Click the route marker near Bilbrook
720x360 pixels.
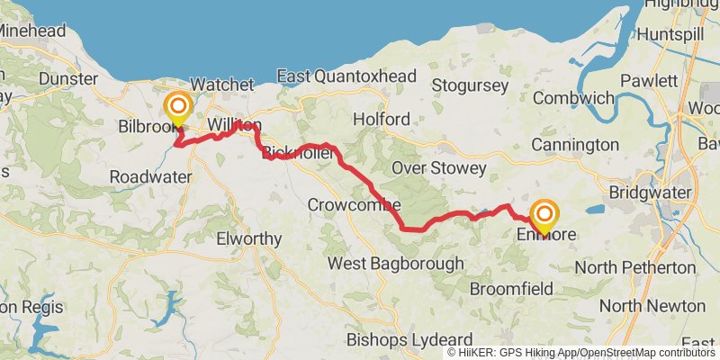coord(177,108)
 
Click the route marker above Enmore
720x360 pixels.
coord(544,215)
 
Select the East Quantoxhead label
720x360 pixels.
coord(346,76)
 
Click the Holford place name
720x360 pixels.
coord(381,119)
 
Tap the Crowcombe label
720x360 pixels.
coord(353,204)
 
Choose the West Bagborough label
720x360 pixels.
coord(395,264)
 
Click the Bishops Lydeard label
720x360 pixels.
coord(404,340)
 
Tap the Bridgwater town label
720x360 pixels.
coord(649,193)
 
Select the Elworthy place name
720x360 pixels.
coord(249,239)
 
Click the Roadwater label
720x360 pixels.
coord(150,177)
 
